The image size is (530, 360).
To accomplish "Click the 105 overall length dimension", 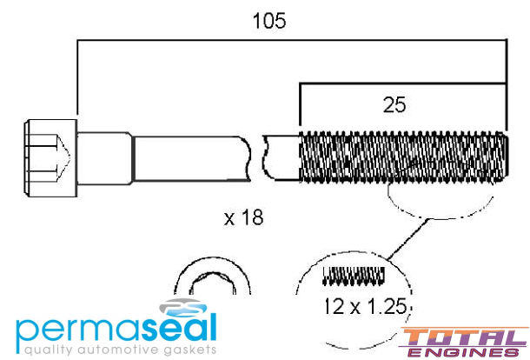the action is (269, 21).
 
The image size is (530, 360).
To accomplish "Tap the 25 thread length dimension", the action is (394, 105).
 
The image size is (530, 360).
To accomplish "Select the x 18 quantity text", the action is (243, 217).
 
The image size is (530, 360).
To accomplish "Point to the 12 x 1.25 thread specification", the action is (366, 306).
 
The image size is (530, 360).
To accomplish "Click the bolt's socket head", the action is (50, 158).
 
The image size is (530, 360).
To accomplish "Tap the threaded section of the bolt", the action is (404, 157).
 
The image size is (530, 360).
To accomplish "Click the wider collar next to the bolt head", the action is (105, 158).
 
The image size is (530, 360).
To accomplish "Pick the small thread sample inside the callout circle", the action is (354, 276).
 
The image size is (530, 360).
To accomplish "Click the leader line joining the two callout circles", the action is (407, 239).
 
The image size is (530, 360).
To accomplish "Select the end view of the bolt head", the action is (212, 276).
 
